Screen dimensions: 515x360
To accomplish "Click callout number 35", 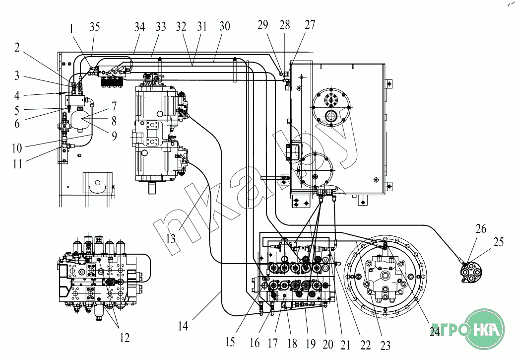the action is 95,27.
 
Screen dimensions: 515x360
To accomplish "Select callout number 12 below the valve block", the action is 125,338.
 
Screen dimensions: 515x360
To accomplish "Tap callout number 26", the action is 481,229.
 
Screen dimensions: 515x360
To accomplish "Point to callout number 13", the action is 171,239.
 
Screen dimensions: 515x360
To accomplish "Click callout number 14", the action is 183,326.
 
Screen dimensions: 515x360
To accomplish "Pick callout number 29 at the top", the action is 263,25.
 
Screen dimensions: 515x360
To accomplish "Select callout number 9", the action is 114,136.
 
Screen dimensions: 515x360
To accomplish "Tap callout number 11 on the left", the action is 17,163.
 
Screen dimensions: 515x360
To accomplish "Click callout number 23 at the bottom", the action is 386,346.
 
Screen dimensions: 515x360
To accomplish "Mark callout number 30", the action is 225,26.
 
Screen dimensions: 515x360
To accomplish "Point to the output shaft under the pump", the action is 153,189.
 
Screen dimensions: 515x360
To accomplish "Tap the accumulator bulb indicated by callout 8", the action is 79,120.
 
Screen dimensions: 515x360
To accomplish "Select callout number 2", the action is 17,47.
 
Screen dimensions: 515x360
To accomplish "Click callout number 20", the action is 328,344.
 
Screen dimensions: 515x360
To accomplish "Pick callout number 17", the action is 272,343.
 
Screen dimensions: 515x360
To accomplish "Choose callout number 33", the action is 161,27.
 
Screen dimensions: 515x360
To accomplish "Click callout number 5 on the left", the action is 17,110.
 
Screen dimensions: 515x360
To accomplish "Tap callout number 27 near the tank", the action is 310,25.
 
